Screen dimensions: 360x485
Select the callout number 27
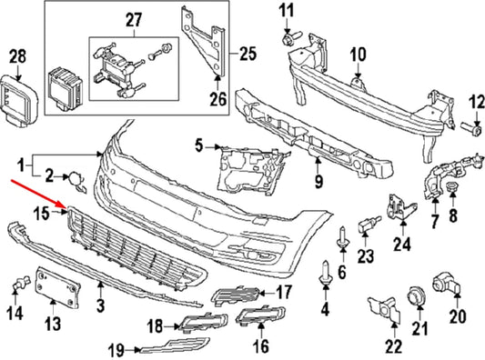pyautogui.click(x=133, y=19)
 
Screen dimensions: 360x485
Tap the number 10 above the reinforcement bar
pyautogui.click(x=358, y=53)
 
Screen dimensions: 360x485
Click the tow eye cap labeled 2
pyautogui.click(x=79, y=188)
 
